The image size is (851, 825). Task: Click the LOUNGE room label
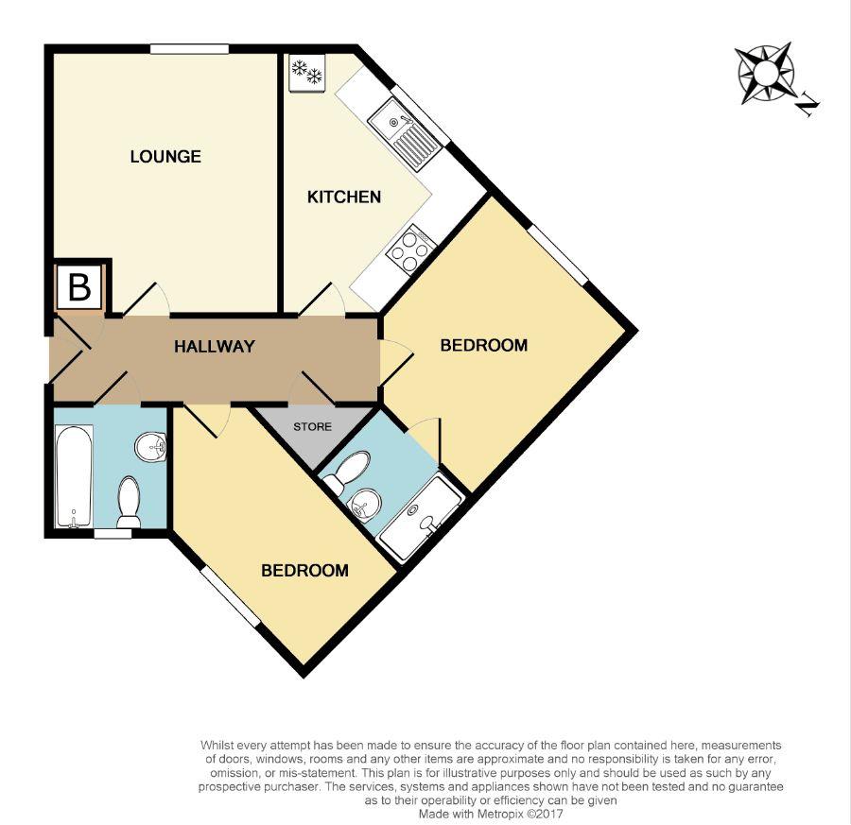(165, 157)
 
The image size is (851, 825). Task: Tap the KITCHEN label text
(344, 198)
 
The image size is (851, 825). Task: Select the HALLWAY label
(215, 347)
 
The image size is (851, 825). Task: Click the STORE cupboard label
(312, 427)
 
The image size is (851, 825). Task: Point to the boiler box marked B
(79, 287)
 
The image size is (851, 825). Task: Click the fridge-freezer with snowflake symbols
(306, 73)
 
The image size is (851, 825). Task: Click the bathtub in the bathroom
(74, 476)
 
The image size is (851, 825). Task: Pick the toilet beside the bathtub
(130, 501)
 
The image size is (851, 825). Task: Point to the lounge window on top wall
(189, 48)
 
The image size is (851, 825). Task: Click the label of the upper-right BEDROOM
(483, 346)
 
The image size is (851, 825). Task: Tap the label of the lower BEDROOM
(304, 571)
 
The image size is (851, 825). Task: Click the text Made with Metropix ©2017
(492, 812)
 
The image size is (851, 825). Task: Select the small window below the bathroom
(113, 533)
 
